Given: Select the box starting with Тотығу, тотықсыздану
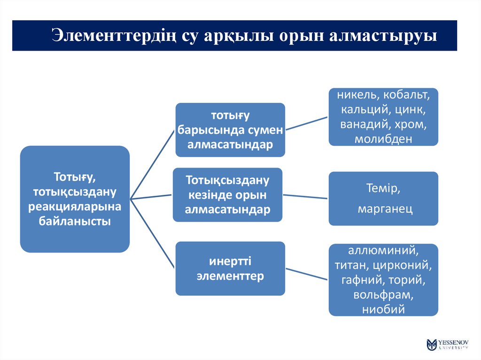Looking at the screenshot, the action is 75,199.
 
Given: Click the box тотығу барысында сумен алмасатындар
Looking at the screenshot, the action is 230,130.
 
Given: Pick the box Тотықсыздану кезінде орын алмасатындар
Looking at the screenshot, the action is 227,194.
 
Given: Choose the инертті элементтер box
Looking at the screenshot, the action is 230,268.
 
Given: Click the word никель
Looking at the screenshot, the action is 357,95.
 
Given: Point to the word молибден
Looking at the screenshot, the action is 383,139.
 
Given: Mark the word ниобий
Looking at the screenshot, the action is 383,309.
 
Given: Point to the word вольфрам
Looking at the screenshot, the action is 383,295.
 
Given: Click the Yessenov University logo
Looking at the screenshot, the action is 447,344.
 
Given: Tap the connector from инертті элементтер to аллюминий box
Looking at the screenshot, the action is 306,274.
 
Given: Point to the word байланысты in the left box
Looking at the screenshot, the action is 75,221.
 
